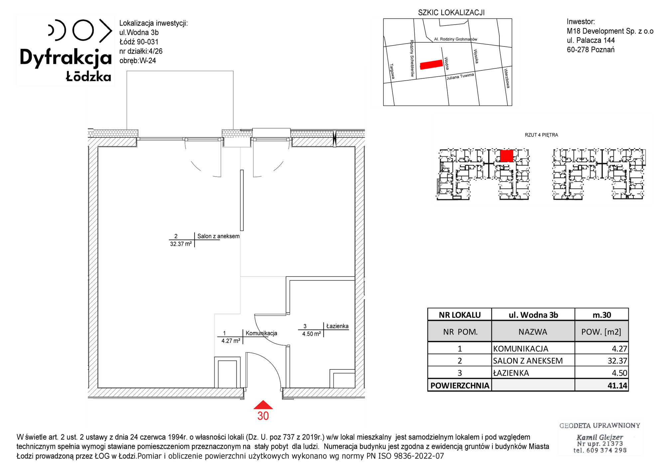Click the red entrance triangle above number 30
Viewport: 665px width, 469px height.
[263, 405]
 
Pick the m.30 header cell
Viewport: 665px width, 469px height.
[602, 315]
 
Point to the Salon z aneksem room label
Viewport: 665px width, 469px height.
[218, 236]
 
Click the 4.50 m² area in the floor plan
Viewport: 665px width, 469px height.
[312, 334]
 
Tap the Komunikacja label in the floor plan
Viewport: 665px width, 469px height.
[261, 333]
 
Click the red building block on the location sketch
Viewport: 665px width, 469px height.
[431, 64]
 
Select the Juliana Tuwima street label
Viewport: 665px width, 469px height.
[460, 77]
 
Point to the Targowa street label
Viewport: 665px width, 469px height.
[392, 71]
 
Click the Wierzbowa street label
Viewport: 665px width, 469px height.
[507, 78]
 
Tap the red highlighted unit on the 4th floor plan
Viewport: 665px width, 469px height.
[507, 156]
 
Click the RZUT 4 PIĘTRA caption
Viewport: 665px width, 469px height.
[541, 135]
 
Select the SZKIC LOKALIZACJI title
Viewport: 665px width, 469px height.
[451, 13]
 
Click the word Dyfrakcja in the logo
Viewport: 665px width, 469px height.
[66, 58]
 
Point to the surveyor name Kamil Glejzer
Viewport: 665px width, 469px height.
[600, 437]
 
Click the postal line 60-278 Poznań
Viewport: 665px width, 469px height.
[591, 50]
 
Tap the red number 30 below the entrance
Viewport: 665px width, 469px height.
[263, 416]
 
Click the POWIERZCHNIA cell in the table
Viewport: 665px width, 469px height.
[460, 385]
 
